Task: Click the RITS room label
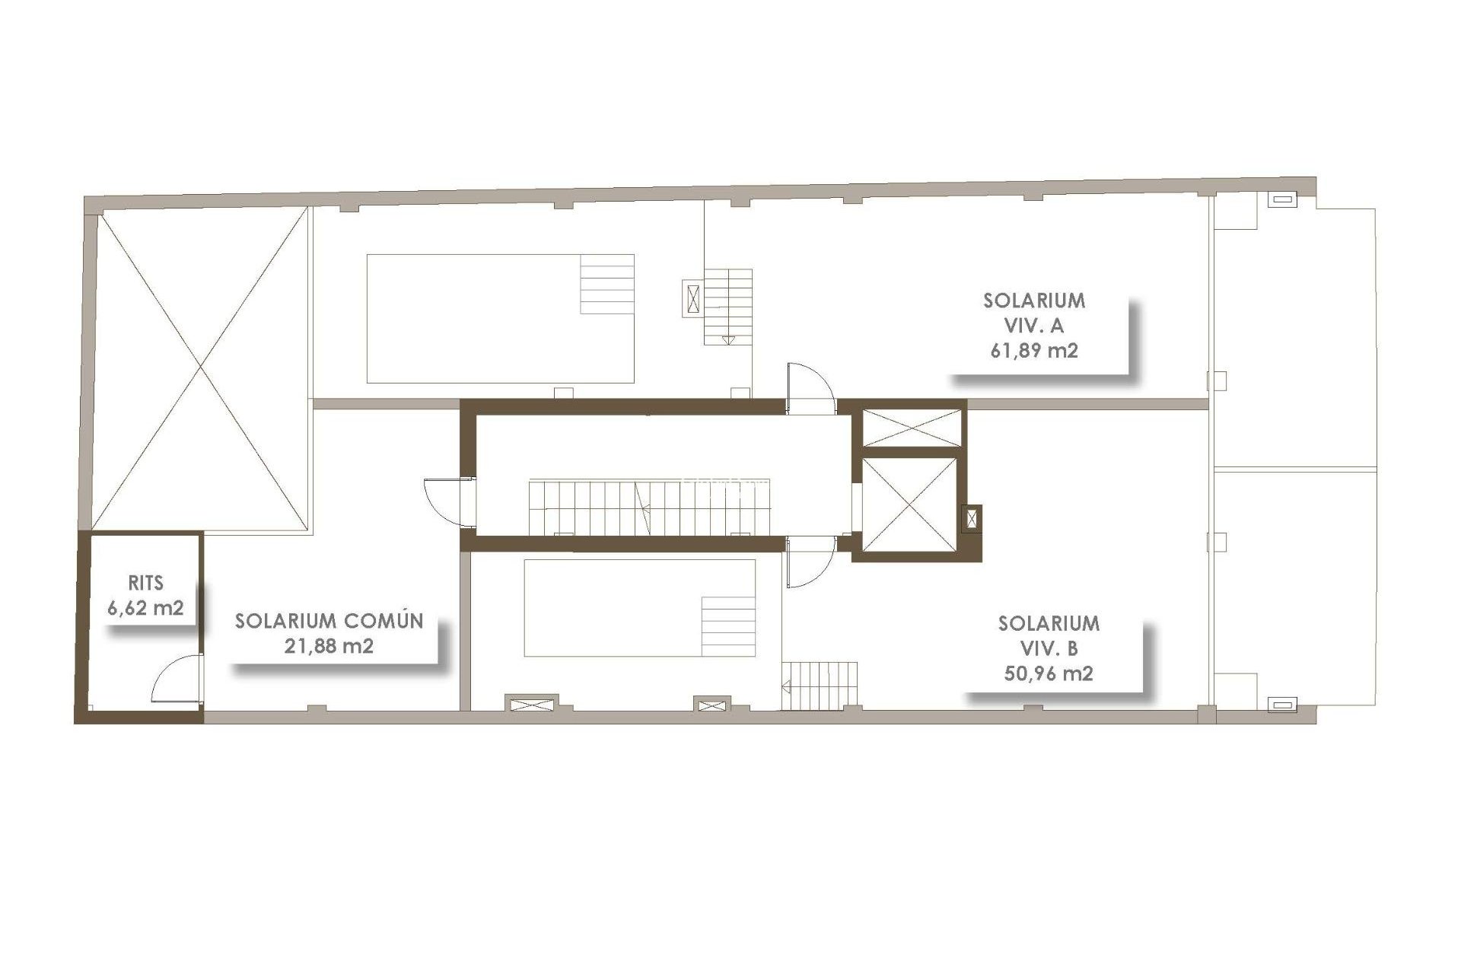145,584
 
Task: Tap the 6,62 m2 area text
147,608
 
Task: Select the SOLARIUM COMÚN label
329,621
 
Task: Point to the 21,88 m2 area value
328,646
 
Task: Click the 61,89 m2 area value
1034,351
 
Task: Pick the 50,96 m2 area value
1049,673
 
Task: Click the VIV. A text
1034,326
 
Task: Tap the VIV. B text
1049,648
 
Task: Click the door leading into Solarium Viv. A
811,387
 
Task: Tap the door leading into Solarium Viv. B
811,564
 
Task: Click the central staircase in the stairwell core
649,507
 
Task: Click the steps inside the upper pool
607,284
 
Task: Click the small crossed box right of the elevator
972,519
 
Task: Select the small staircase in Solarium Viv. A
727,307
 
